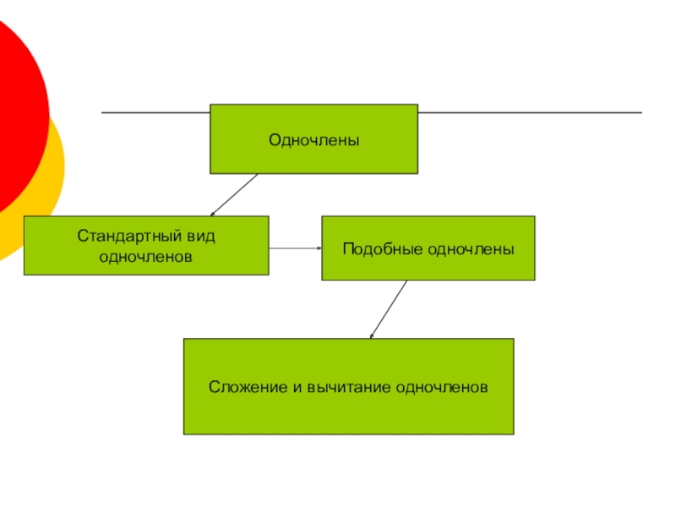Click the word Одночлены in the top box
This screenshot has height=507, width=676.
(x=313, y=139)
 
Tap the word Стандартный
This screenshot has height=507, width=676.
(x=122, y=236)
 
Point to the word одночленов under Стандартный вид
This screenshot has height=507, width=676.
(x=146, y=255)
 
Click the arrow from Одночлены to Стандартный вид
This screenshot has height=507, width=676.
(x=234, y=195)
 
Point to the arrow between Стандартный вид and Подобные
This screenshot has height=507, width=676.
(x=295, y=248)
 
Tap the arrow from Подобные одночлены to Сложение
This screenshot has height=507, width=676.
(x=390, y=309)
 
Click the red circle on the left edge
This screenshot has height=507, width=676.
(x=17, y=110)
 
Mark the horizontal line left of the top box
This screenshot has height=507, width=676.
(x=155, y=112)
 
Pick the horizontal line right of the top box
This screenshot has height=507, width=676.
(x=529, y=112)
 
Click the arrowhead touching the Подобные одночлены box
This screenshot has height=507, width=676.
(x=319, y=248)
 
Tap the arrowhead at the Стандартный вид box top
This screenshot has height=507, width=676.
(x=213, y=213)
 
